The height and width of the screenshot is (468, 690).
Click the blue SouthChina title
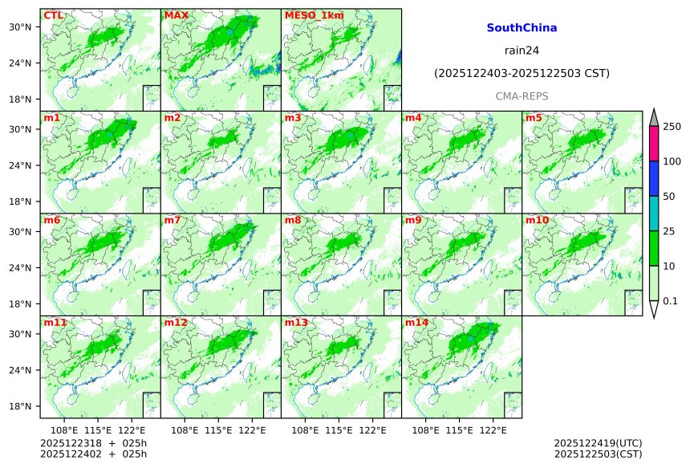pyautogui.click(x=522, y=27)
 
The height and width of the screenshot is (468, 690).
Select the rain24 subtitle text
pyautogui.click(x=522, y=50)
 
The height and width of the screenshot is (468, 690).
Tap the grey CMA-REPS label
pyautogui.click(x=522, y=96)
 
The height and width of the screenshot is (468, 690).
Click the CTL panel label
pyautogui.click(x=54, y=15)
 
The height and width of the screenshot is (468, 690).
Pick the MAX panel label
pyautogui.click(x=175, y=15)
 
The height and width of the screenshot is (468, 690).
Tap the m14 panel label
pyautogui.click(x=416, y=323)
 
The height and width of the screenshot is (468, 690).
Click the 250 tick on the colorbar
pyautogui.click(x=672, y=127)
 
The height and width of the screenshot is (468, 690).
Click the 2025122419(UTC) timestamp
pyautogui.click(x=598, y=443)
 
